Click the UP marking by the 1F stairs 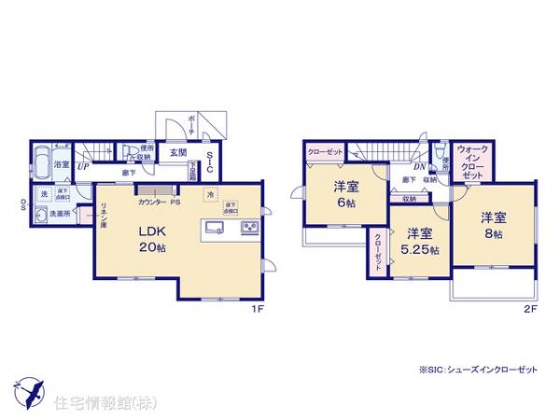pyautogui.click(x=82, y=166)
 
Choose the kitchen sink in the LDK pyautogui.click(x=212, y=229)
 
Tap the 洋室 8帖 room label pyautogui.click(x=492, y=225)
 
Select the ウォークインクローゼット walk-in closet pyautogui.click(x=472, y=162)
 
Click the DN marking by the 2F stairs pyautogui.click(x=393, y=166)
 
